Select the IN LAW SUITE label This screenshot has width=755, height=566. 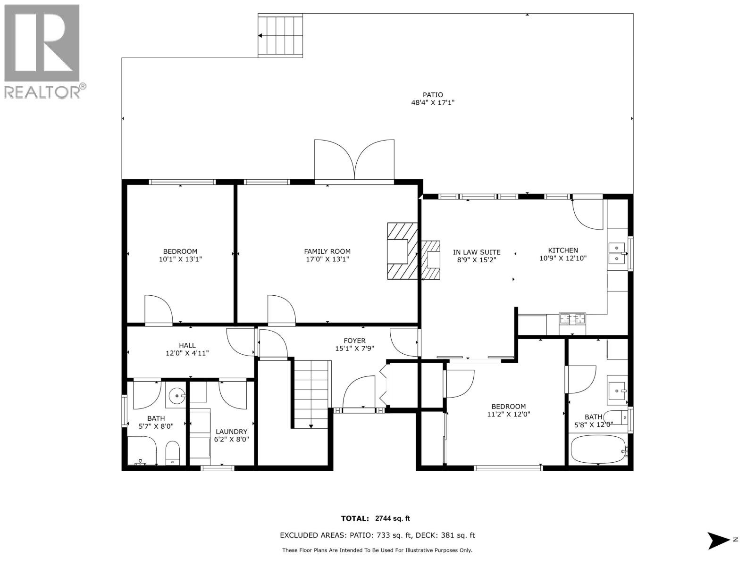[476, 252]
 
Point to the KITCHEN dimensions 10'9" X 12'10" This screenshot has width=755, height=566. [562, 258]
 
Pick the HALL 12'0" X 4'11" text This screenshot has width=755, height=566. [187, 349]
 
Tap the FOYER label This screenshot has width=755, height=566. [354, 341]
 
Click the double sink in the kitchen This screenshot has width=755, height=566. [617, 253]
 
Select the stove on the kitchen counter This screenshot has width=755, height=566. [572, 318]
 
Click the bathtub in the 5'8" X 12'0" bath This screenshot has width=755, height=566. [598, 449]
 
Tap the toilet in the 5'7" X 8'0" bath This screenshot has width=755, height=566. [173, 453]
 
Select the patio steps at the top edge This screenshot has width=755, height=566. [280, 35]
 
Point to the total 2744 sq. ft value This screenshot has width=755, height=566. [392, 518]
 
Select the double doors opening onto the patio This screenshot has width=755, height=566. [354, 160]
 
